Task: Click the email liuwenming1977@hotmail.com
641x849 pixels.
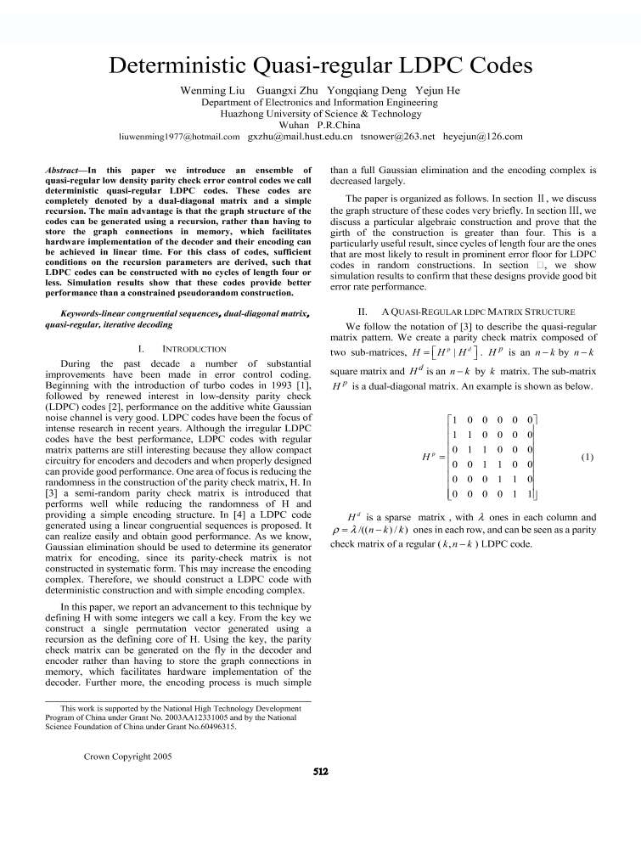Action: click(x=180, y=136)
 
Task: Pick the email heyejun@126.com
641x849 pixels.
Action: click(x=483, y=136)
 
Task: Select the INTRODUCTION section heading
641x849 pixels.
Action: click(x=194, y=349)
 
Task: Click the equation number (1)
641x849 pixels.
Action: click(x=588, y=457)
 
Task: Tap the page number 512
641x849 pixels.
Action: click(x=320, y=772)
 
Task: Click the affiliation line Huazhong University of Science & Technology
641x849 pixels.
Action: click(x=320, y=113)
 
